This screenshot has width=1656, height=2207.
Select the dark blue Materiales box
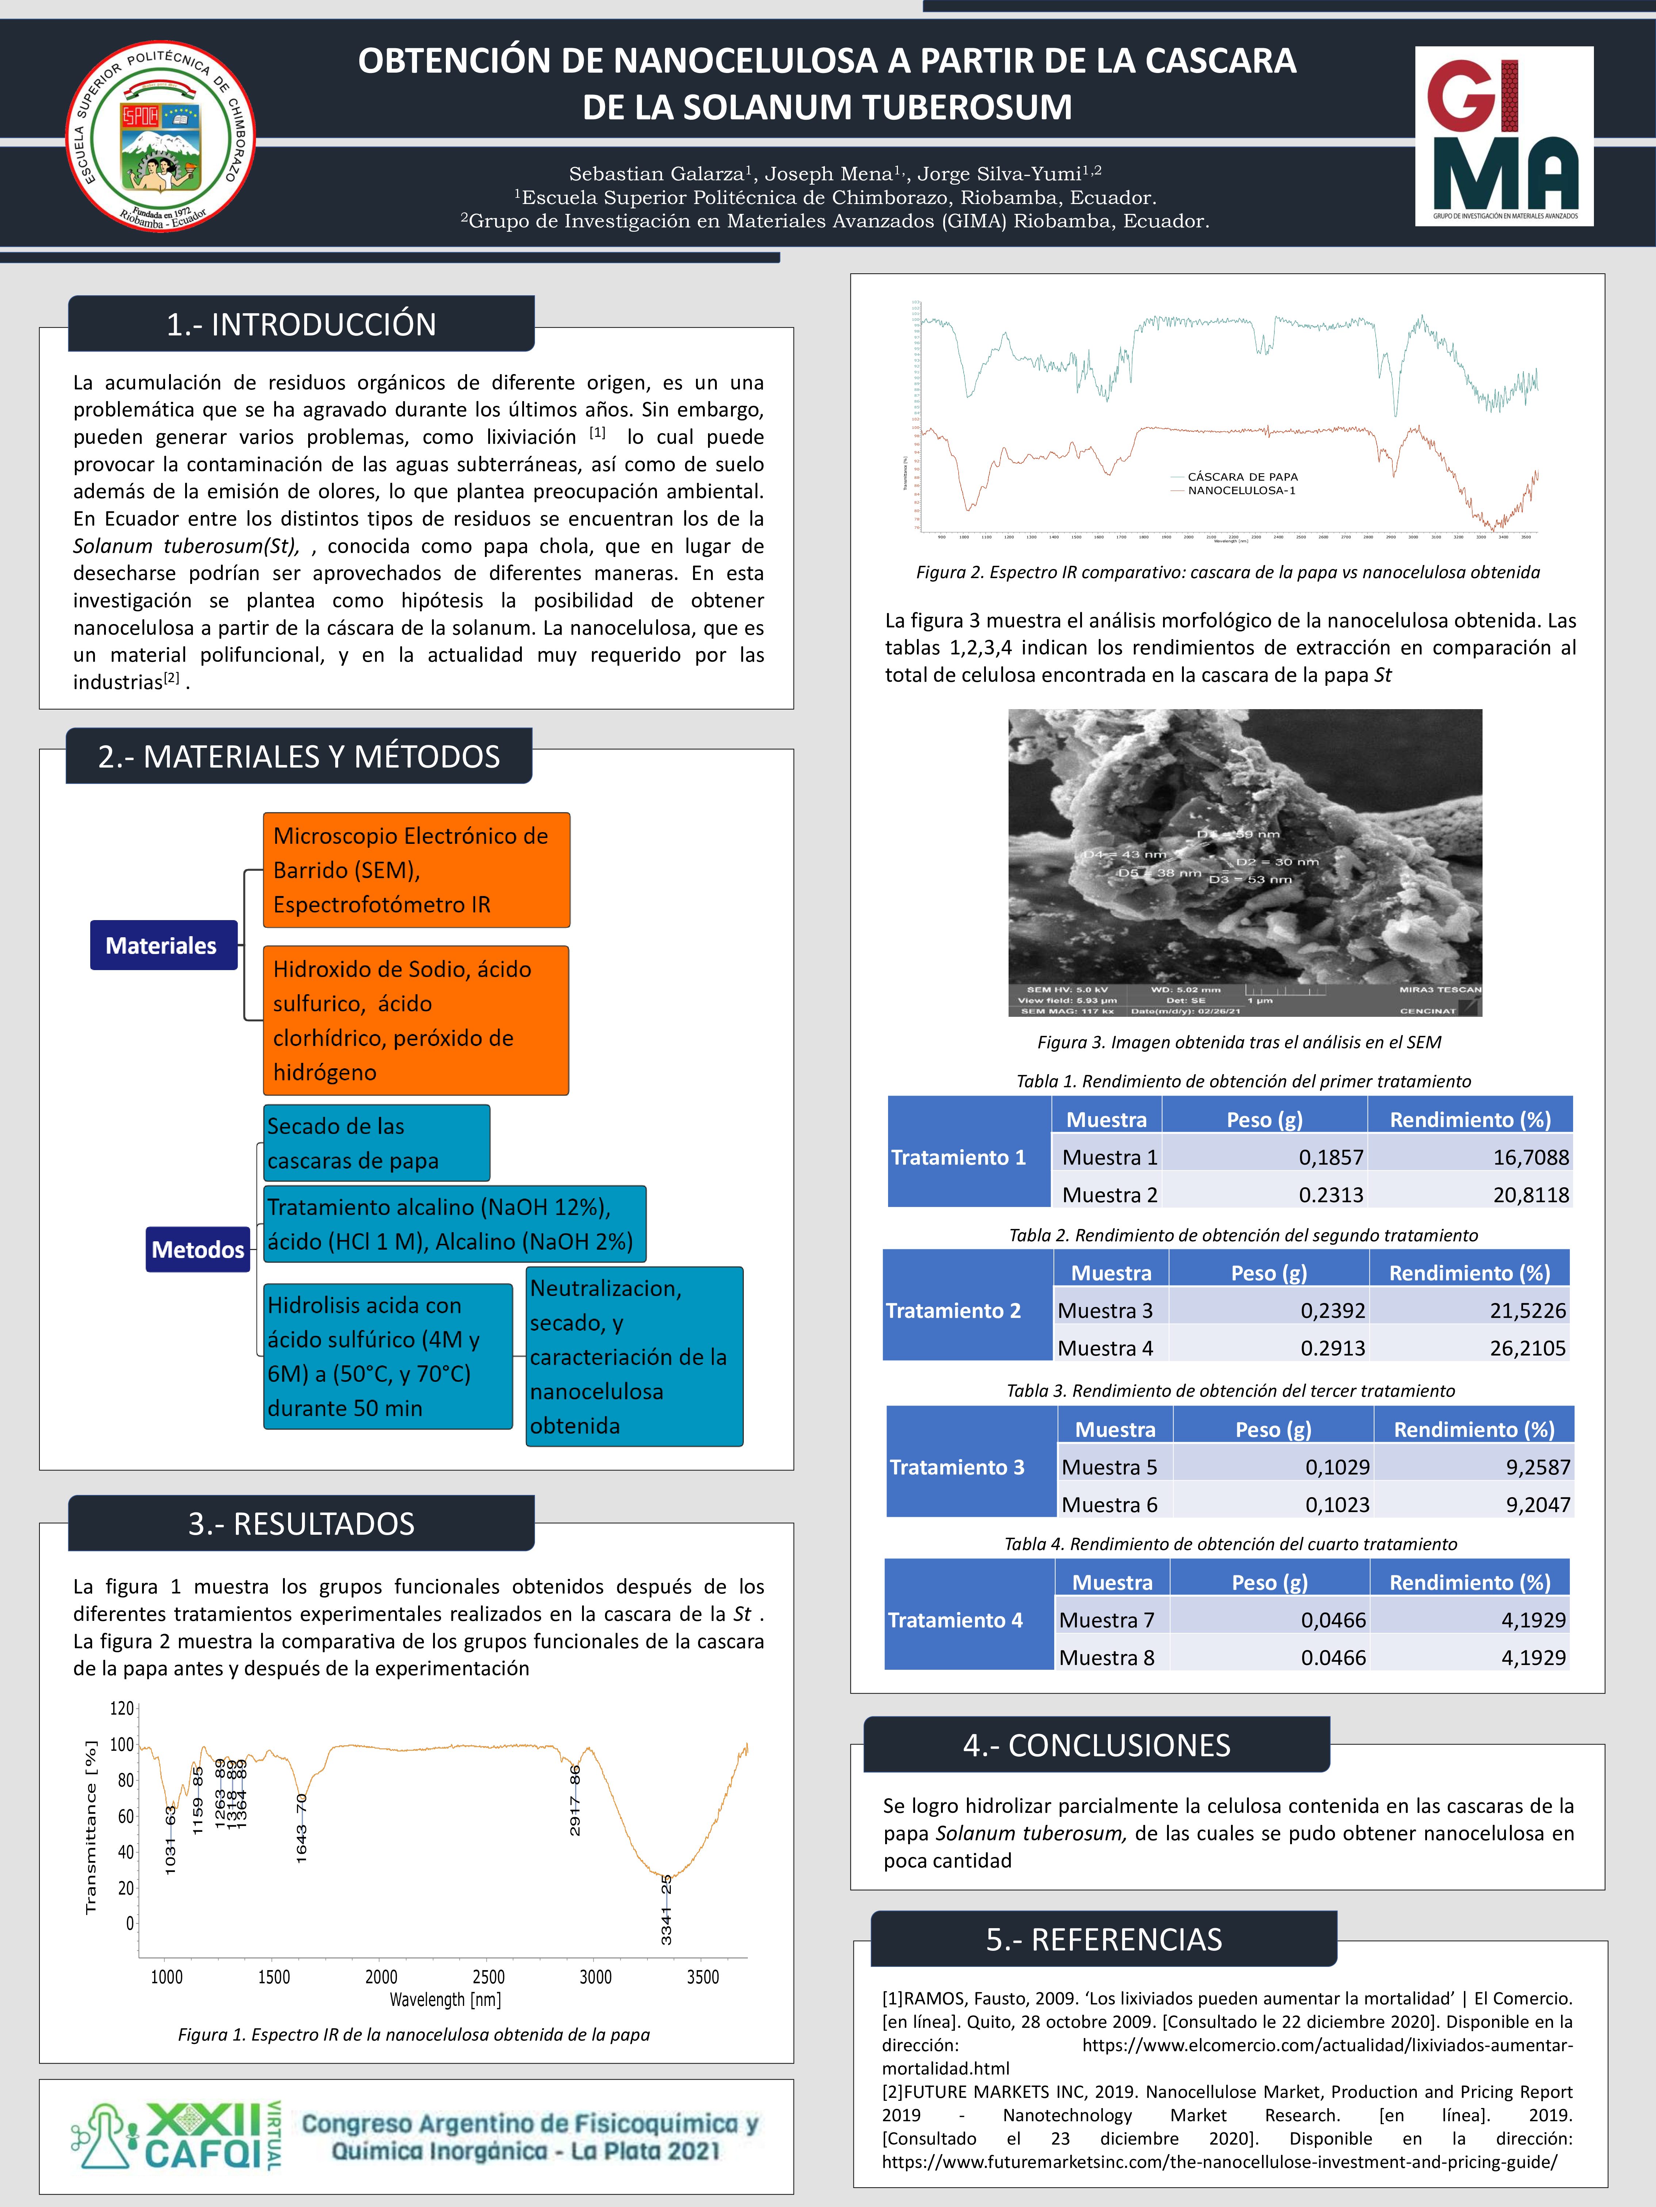point(162,945)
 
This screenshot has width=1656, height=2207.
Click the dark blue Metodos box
point(198,1249)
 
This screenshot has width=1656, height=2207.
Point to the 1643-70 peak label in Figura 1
point(302,1828)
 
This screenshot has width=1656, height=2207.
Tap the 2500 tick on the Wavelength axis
point(488,1977)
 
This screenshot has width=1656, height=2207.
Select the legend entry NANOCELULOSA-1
point(1241,491)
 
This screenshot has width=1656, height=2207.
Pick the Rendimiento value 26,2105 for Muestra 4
point(1527,1348)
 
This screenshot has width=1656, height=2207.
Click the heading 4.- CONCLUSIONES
point(1096,1745)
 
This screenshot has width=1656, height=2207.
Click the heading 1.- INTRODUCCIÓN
point(301,324)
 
